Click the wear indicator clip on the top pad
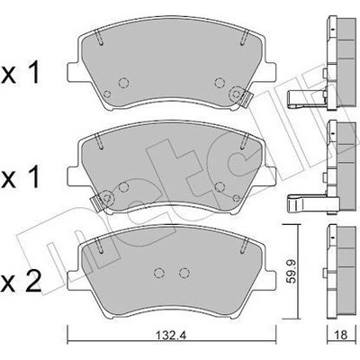238,94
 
